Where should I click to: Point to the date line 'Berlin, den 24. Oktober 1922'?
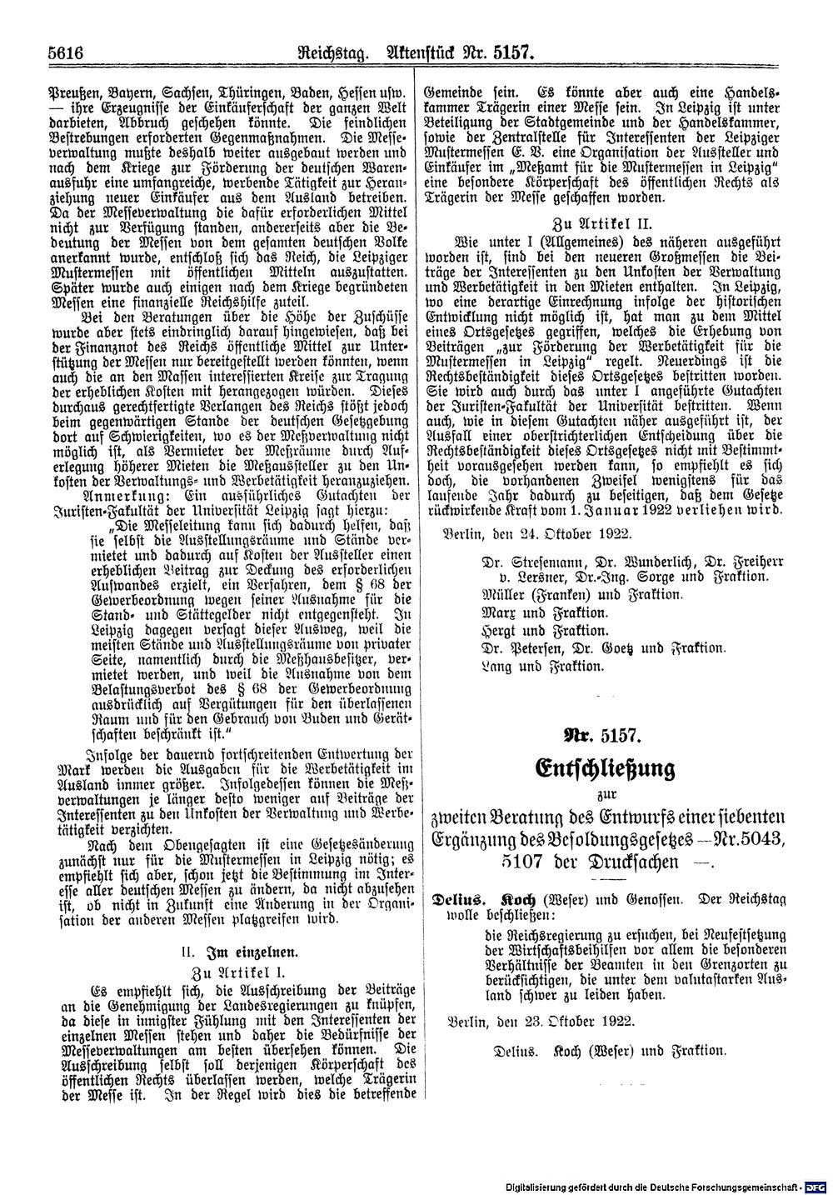coord(539,531)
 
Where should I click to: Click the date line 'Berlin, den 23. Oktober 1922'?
coord(539,1021)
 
